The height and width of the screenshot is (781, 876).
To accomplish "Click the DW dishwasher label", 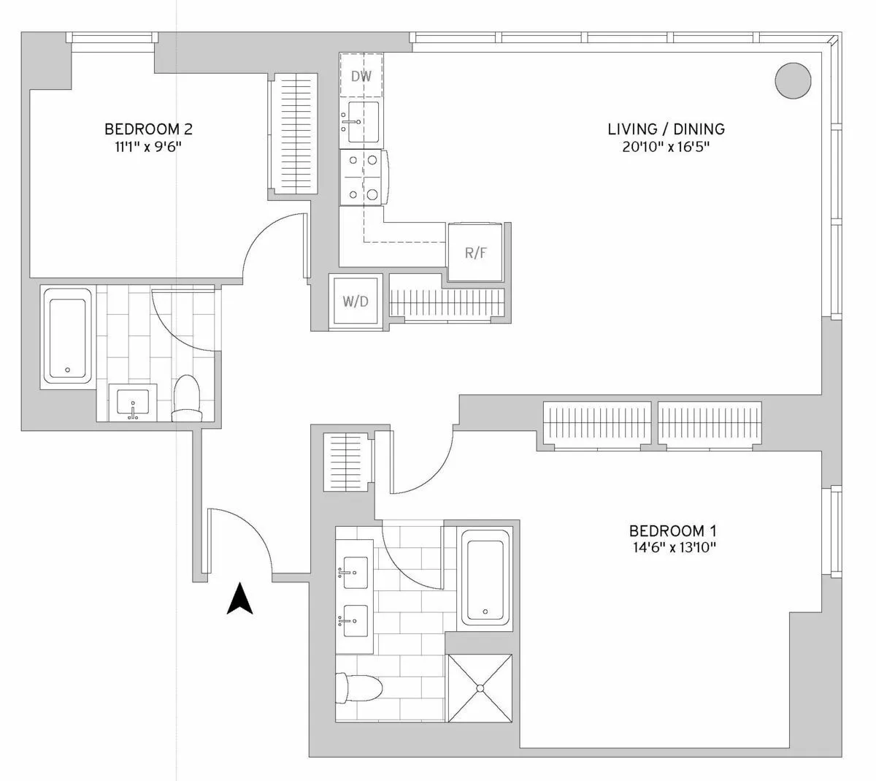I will (x=361, y=76).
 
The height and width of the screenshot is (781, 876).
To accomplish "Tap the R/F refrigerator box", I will (x=475, y=253).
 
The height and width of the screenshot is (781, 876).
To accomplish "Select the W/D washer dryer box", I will (x=356, y=301).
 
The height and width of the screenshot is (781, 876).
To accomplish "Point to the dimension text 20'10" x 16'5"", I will (x=666, y=147).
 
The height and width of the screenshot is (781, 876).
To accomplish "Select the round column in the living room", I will (x=793, y=80).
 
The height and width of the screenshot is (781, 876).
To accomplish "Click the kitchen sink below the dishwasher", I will (x=362, y=122).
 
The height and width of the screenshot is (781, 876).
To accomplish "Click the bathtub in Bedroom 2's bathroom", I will (x=67, y=335).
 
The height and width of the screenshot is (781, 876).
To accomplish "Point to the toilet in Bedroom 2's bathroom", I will (x=187, y=398).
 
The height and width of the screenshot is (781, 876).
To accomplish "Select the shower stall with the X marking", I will (x=480, y=688).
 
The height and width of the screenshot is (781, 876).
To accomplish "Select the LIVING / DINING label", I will (x=666, y=129).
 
